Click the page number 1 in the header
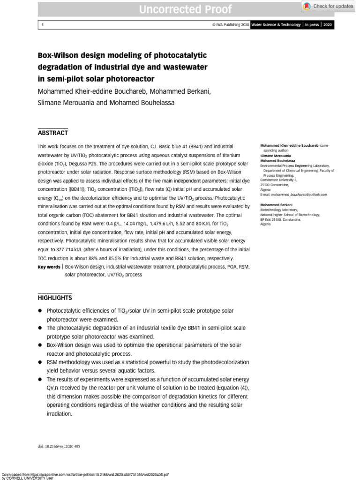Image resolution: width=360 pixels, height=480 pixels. (43, 25)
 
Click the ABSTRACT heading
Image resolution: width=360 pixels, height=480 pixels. (52, 133)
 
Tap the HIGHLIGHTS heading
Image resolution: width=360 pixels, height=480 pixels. (54, 298)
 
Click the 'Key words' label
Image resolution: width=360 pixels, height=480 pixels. (49, 266)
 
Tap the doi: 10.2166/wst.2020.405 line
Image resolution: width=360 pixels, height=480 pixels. (59, 446)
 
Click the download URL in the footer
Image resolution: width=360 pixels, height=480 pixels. (94, 474)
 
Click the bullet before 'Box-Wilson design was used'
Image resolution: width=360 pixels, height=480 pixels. (40, 345)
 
